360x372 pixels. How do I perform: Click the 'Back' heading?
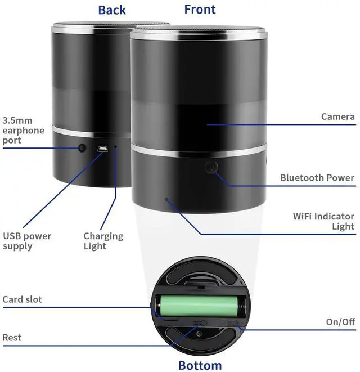112,10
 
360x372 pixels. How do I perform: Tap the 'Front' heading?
200,10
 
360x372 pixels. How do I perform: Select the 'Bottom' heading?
200,365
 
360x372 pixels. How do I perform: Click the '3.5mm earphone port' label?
23,131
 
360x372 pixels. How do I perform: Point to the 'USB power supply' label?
27,241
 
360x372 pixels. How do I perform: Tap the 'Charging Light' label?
103,241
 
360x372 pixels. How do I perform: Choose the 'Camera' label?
338,116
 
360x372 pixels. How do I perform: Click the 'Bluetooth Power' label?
317,178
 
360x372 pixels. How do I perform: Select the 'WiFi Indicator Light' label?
323,221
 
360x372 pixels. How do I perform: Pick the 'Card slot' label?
22,299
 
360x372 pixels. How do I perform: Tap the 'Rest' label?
12,337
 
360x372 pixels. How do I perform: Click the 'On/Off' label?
340,322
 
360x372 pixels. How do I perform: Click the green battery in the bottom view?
199,306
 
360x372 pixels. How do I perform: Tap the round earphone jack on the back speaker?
82,148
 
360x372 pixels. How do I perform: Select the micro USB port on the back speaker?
102,149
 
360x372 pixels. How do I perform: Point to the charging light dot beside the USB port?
115,147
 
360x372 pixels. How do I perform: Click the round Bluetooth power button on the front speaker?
211,167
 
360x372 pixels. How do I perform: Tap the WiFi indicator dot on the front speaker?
167,199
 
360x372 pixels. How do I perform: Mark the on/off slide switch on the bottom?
232,323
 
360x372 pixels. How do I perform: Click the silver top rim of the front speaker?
199,33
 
